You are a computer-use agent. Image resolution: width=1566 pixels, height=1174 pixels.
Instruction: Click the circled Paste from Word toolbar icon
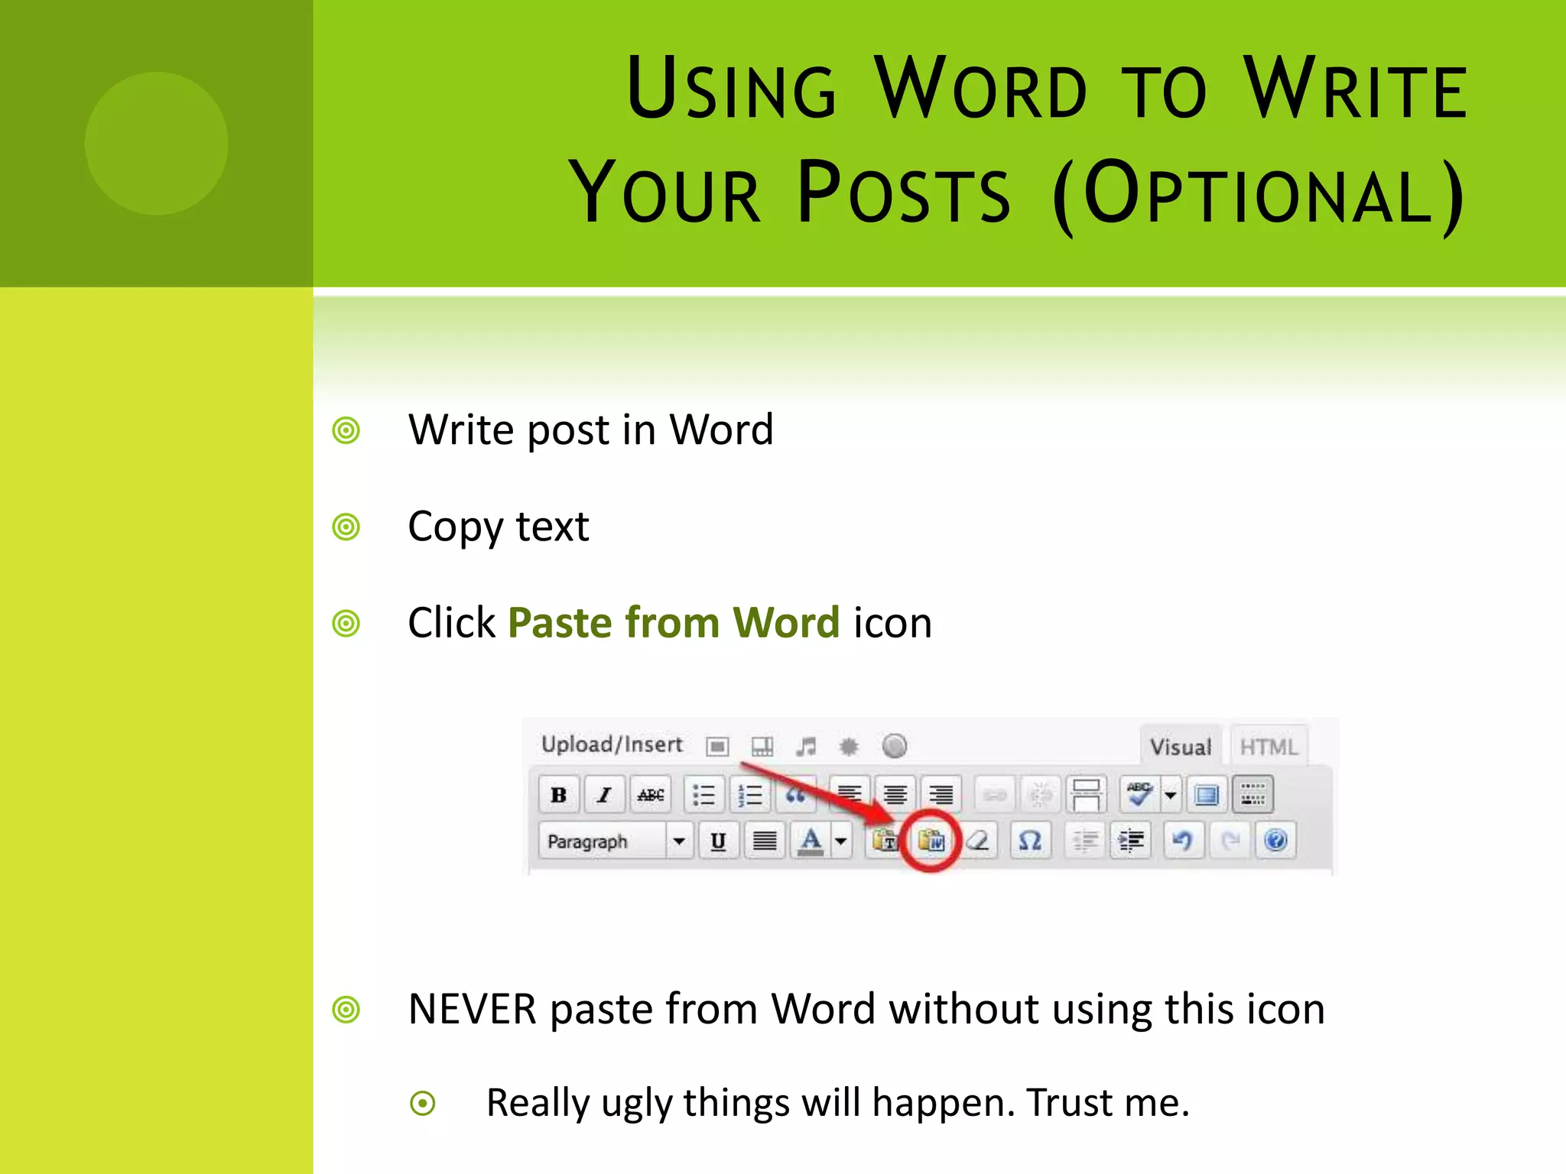(x=931, y=841)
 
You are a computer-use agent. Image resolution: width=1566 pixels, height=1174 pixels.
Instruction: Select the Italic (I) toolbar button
(x=604, y=795)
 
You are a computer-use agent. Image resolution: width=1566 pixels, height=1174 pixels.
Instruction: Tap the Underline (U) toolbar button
(x=718, y=842)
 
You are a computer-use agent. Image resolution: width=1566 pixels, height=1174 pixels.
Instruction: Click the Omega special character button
(x=1030, y=841)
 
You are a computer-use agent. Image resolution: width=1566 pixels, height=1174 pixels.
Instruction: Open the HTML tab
(x=1269, y=746)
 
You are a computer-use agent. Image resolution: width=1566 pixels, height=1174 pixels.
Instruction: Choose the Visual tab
(x=1181, y=746)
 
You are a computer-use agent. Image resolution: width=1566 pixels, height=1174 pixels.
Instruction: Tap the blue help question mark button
(x=1275, y=841)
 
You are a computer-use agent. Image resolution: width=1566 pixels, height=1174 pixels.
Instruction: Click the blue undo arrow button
(x=1182, y=841)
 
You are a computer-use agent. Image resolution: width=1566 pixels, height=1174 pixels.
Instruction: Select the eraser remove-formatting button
(x=978, y=841)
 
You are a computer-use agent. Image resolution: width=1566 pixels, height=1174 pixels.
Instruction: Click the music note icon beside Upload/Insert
(x=805, y=746)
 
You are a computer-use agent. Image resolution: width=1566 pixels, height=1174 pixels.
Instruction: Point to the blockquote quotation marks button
(x=795, y=795)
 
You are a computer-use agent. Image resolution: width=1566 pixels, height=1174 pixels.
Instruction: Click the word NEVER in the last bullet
(x=473, y=1009)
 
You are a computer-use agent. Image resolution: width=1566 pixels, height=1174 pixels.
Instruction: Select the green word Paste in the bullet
(x=560, y=622)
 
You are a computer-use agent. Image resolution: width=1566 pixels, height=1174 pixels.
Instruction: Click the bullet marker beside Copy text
(x=346, y=527)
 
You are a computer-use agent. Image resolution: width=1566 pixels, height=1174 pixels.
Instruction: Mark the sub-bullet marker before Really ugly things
(x=423, y=1103)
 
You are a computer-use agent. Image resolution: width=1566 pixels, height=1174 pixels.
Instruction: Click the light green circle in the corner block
(x=157, y=143)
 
